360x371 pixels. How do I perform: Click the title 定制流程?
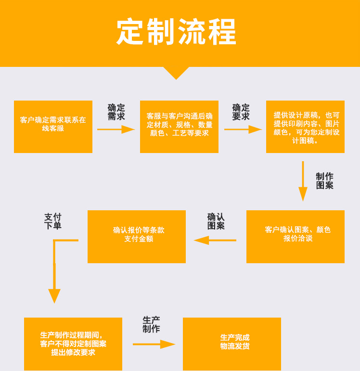176,32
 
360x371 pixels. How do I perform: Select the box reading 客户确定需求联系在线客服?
53,127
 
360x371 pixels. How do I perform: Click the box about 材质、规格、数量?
179,127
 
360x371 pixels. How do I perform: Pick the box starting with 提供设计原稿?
305,127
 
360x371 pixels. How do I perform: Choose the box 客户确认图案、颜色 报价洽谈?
296,237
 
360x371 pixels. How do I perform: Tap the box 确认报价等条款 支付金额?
137,237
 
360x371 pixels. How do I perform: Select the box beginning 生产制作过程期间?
73,344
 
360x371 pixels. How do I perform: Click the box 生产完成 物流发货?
232,344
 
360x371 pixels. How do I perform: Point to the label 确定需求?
116,112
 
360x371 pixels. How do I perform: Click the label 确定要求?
241,112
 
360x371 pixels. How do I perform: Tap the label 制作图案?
324,181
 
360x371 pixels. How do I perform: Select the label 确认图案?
216,221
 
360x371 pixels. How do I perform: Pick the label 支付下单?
53,221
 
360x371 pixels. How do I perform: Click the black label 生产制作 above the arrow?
151,325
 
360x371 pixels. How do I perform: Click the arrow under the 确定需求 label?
116,129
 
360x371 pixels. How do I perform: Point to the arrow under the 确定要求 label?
243,129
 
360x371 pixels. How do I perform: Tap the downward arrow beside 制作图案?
303,181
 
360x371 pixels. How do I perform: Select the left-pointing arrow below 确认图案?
215,240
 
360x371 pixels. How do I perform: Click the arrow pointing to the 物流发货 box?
154,344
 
